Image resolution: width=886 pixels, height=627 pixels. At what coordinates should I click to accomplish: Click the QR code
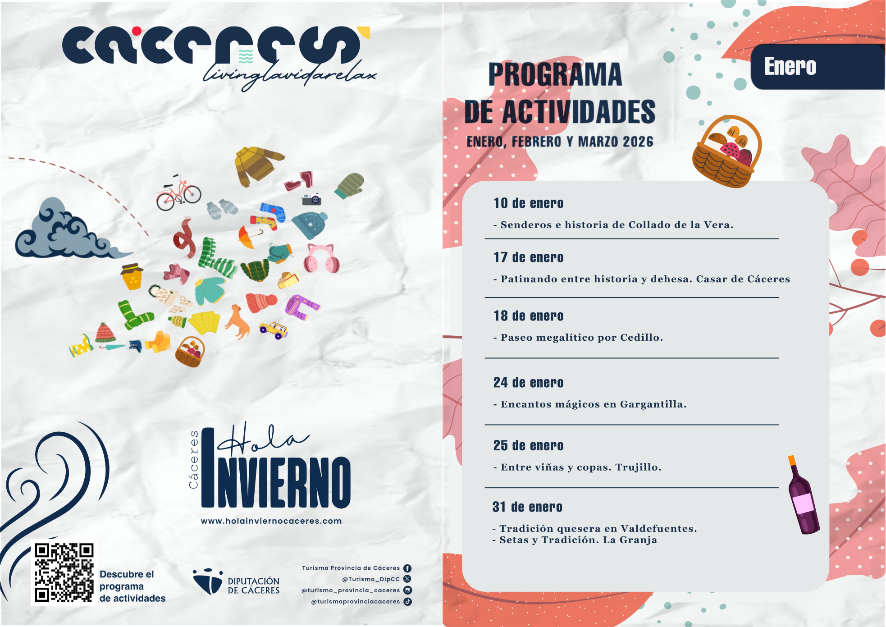click(64, 572)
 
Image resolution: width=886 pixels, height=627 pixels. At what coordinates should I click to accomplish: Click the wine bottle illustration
click(804, 495)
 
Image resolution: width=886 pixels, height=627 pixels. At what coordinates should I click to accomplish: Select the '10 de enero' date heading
click(528, 203)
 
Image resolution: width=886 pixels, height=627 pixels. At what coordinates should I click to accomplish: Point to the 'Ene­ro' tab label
click(790, 66)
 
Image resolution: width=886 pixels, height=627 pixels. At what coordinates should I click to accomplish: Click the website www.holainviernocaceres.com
click(271, 521)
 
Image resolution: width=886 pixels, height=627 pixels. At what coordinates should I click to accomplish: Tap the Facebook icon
click(407, 568)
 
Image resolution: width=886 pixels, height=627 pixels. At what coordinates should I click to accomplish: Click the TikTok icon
click(407, 601)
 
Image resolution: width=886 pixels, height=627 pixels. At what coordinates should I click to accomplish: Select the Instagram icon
click(407, 590)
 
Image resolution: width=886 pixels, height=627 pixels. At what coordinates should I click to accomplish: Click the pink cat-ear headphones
click(321, 258)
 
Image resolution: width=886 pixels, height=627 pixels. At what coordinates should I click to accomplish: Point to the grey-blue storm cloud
click(68, 231)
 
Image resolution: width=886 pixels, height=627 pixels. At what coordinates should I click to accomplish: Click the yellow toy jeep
click(274, 330)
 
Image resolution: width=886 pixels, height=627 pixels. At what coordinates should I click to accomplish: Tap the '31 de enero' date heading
click(527, 507)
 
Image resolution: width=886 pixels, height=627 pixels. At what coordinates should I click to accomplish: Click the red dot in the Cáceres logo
click(137, 31)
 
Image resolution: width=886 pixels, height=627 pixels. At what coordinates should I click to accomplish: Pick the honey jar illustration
click(132, 276)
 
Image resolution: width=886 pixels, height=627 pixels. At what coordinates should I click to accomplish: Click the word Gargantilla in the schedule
click(653, 404)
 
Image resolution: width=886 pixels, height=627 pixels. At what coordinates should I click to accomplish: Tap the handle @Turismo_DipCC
click(371, 579)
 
